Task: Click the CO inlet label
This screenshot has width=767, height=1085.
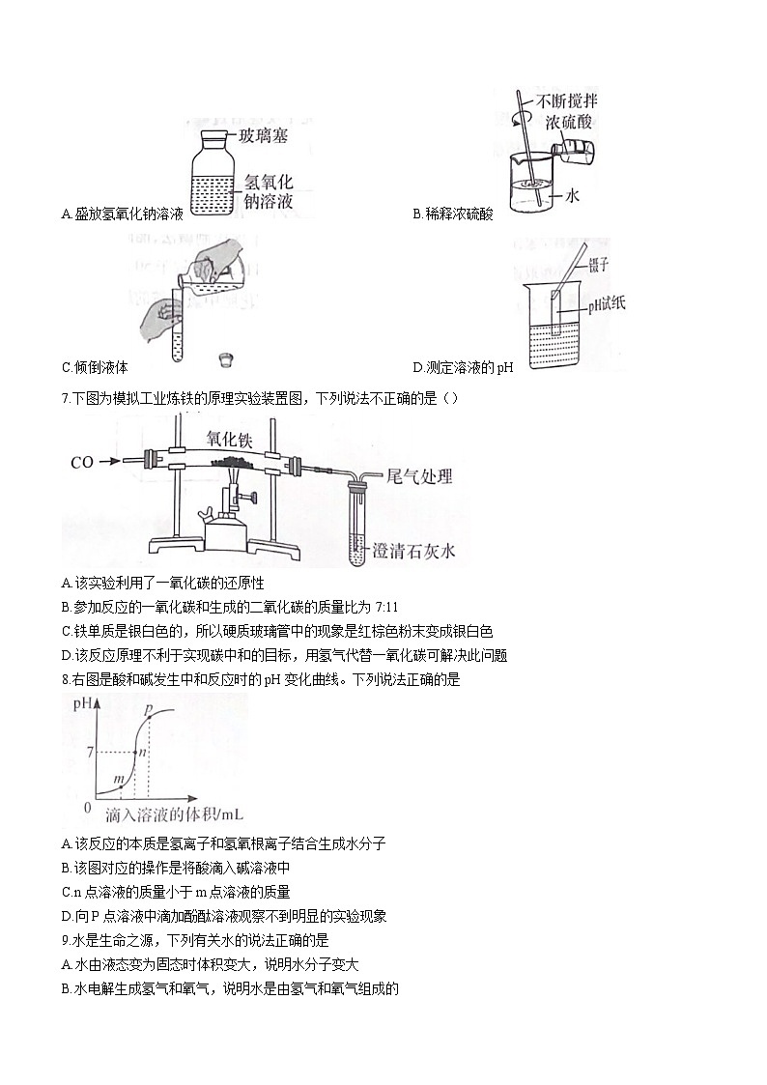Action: coord(82,463)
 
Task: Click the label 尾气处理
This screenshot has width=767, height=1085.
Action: coord(419,475)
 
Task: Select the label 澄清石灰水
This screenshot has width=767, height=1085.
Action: coord(419,552)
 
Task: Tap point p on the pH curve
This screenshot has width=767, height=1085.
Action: coord(148,711)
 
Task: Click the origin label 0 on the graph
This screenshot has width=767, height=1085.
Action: coord(87,807)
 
